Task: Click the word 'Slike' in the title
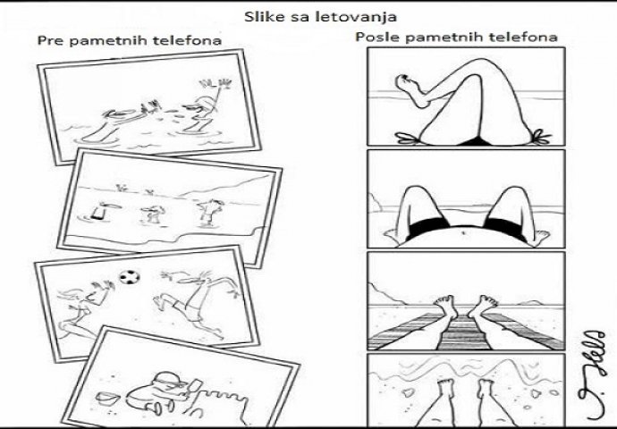(x=261, y=16)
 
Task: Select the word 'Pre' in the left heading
(x=49, y=41)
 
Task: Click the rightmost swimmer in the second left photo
(x=209, y=212)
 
